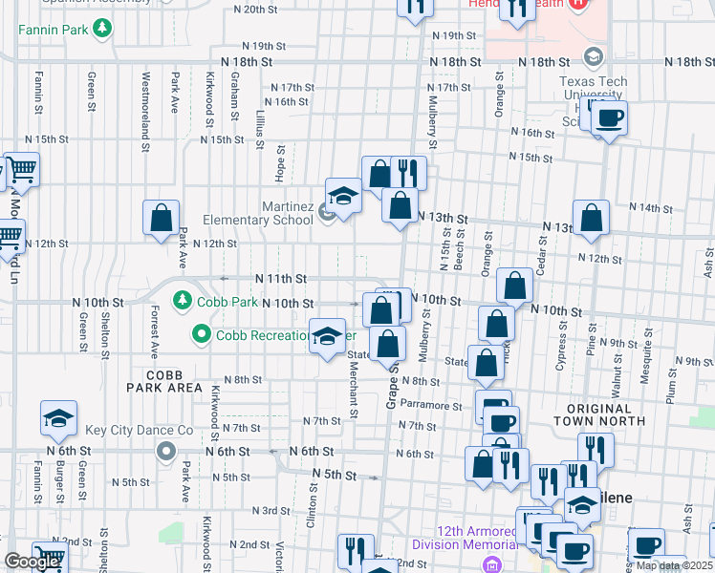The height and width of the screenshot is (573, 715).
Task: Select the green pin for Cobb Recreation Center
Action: (201, 335)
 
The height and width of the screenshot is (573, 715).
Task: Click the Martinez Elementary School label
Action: (258, 213)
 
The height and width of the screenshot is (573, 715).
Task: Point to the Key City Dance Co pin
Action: (167, 451)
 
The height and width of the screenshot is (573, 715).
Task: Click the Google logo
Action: (32, 562)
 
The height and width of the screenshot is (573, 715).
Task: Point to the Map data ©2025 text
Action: (674, 565)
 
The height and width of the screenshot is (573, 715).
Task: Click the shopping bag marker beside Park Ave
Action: (162, 217)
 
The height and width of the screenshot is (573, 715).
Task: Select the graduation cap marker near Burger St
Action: (58, 417)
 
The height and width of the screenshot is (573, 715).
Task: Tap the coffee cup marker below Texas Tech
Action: (609, 118)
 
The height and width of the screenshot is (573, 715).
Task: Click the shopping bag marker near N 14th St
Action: (592, 217)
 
